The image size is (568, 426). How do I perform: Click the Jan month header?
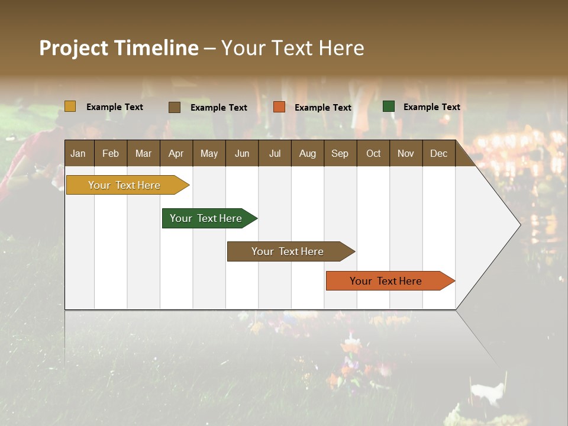point(79,153)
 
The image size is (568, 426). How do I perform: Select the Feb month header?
point(111,153)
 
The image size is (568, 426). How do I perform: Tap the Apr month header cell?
point(176,153)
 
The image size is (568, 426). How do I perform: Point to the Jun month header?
point(242,153)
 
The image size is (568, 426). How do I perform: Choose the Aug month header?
point(308,153)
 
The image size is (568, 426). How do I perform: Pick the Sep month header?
point(340,153)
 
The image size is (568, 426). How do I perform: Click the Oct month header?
point(373,153)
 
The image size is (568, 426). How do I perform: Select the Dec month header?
point(439,153)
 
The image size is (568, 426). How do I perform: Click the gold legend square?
point(70,106)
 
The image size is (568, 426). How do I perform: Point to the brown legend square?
point(175,107)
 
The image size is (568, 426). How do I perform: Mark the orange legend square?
point(279,107)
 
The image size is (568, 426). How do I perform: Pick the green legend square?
point(389,106)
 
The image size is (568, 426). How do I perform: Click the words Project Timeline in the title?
point(118,48)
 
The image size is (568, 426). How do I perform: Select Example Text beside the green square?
point(431,107)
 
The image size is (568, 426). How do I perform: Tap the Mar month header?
point(144,153)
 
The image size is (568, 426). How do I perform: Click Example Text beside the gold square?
point(115,107)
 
